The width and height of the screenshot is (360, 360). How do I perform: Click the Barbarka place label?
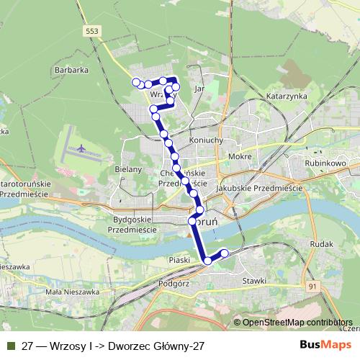click(71, 71)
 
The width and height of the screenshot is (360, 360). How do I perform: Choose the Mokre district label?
click(238, 156)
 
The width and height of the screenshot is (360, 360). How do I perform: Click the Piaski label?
click(178, 259)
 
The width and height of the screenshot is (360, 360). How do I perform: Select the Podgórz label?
click(173, 284)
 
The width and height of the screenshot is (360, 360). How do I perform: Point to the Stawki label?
click(255, 280)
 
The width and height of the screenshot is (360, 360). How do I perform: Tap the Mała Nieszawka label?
click(72, 292)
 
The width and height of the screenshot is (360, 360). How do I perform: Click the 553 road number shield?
click(91, 30)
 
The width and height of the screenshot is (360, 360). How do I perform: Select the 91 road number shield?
click(312, 287)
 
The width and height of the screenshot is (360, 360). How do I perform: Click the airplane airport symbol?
click(80, 149)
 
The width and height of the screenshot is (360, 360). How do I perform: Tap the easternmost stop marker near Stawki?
click(224, 253)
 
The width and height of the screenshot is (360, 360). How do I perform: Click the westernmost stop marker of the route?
click(135, 81)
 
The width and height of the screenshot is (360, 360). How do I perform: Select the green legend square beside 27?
click(10, 346)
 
